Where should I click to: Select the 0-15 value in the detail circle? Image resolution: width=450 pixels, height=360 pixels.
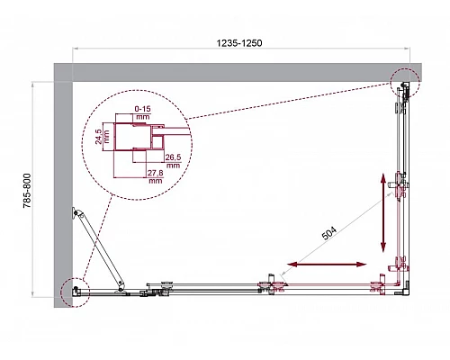tap(142, 110)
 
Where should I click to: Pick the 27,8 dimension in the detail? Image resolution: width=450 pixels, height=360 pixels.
tap(155, 173)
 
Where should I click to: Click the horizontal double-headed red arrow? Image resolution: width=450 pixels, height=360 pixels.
tap(328, 265)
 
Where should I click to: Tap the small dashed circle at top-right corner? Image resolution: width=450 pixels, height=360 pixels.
tap(406, 86)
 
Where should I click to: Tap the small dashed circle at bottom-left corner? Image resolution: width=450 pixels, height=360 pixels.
tap(75, 292)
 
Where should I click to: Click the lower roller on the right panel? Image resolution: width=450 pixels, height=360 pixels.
tap(400, 266)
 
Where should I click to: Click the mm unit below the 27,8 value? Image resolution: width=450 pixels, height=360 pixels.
tap(155, 181)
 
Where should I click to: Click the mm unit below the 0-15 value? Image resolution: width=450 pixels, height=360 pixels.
tap(142, 118)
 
